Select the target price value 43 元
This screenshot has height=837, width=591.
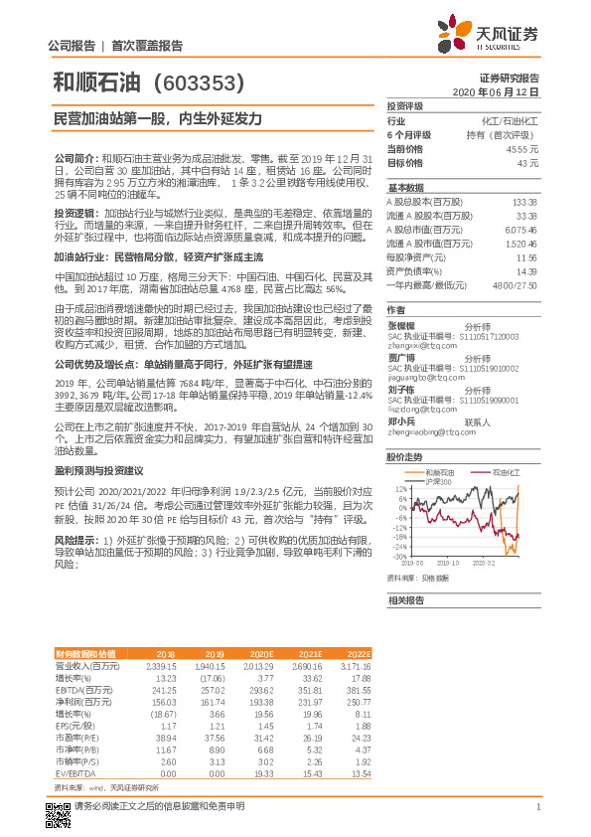pyautogui.click(x=528, y=162)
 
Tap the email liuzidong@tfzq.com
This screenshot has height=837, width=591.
pyautogui.click(x=416, y=408)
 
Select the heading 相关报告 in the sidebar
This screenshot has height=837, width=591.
pyautogui.click(x=405, y=600)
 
